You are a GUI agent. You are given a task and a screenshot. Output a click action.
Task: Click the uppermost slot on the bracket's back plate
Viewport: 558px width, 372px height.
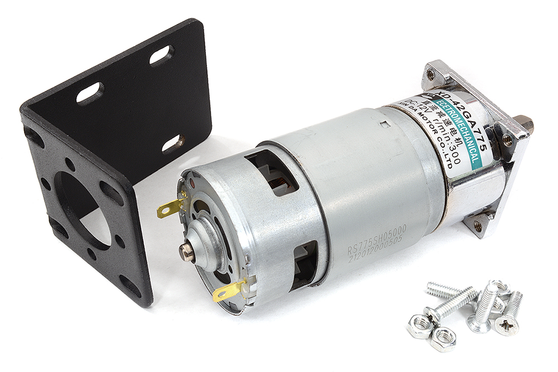161,55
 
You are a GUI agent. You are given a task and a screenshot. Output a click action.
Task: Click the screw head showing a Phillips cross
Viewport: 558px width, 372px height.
507,326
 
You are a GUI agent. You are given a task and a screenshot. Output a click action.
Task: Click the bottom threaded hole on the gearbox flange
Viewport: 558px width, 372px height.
478,225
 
